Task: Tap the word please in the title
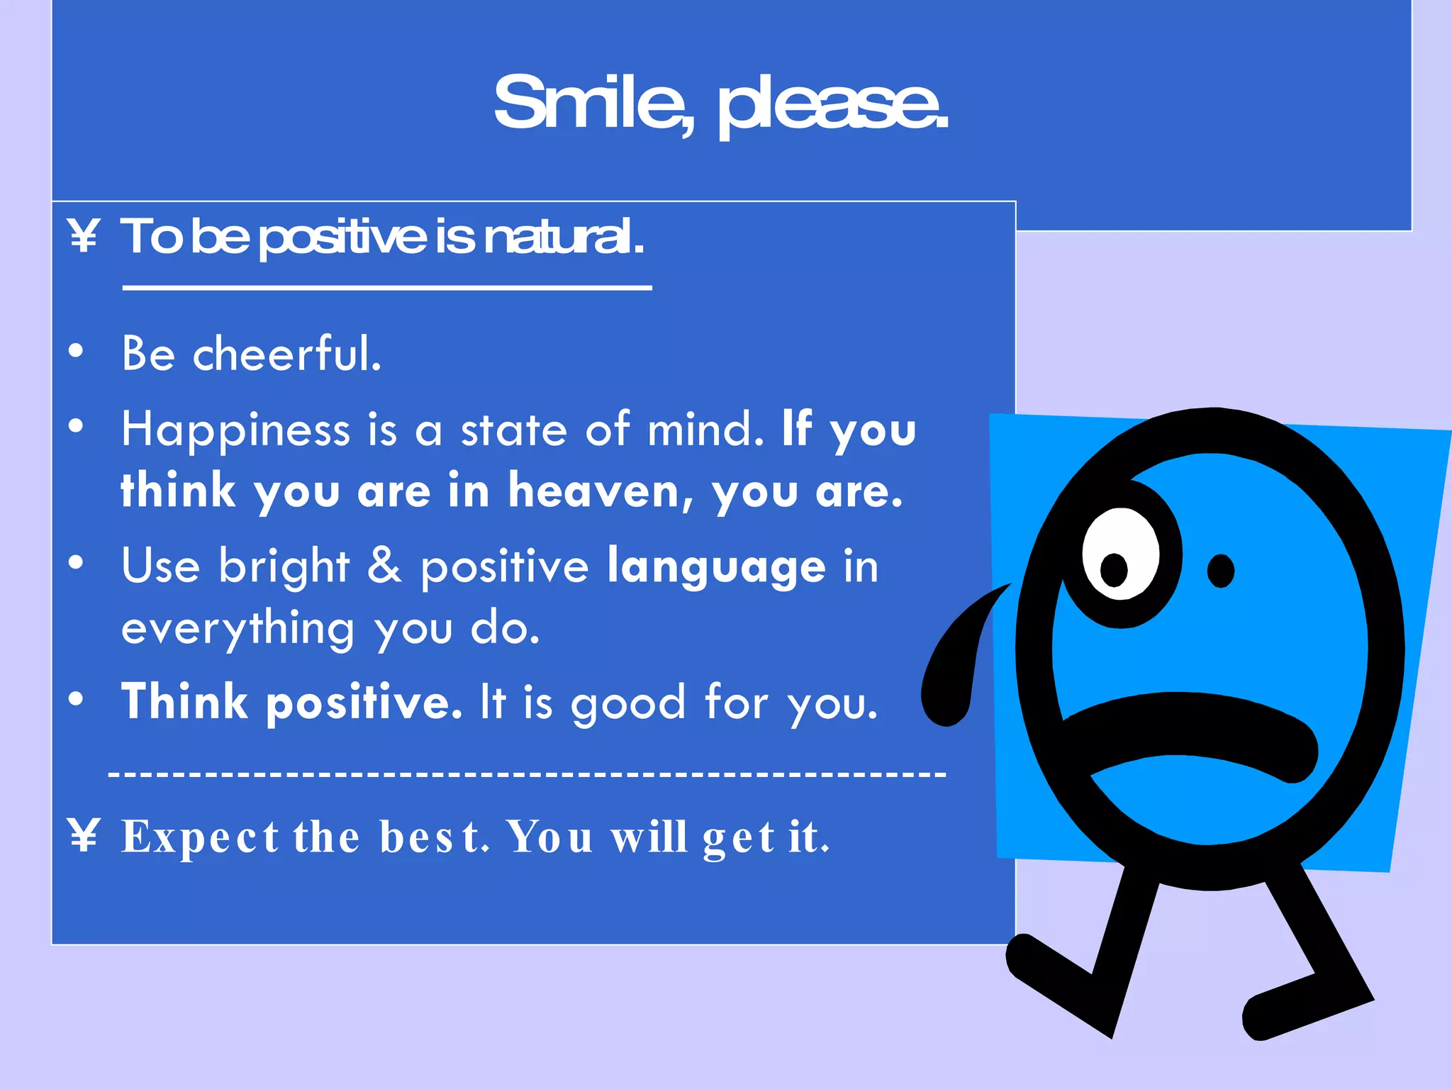[832, 106]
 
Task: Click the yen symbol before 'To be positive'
[84, 236]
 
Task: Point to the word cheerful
[287, 353]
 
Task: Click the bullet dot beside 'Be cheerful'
[76, 350]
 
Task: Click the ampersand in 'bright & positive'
[384, 566]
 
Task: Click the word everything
[238, 630]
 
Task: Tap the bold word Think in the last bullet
[184, 702]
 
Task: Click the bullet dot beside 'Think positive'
[76, 699]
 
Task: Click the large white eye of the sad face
[1119, 554]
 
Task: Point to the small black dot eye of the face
[1220, 571]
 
